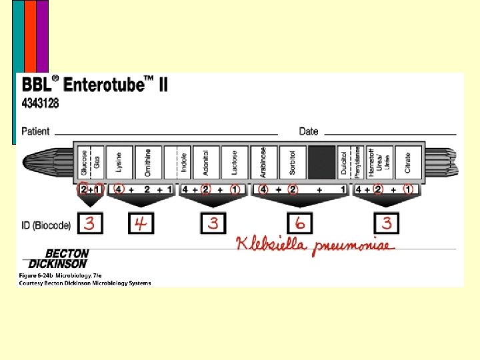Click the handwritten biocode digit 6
(300, 223)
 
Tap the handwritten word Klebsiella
(270, 245)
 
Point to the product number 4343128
(41, 103)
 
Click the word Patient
(35, 131)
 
